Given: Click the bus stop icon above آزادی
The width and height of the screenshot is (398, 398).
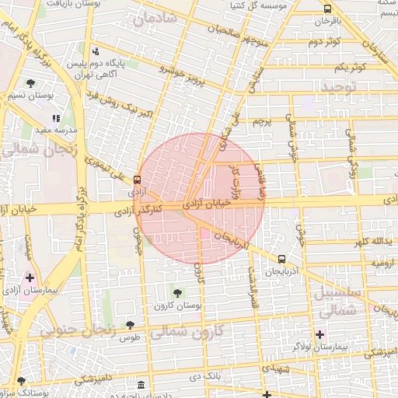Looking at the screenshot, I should (x=138, y=179).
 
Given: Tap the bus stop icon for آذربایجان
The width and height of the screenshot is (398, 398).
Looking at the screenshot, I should (x=281, y=259).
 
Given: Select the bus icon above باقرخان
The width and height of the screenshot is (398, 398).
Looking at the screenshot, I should (x=326, y=9).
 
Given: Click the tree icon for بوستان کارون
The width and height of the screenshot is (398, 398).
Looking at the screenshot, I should (x=178, y=293).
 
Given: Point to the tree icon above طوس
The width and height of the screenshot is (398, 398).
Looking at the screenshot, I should (x=129, y=325).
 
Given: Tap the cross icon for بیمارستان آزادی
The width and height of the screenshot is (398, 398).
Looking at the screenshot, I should (x=30, y=277).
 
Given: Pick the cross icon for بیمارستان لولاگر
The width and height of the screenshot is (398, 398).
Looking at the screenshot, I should (x=319, y=334).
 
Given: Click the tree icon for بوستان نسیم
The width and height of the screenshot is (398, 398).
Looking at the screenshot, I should (x=30, y=82).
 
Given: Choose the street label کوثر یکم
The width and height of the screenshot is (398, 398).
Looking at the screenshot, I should (x=347, y=68).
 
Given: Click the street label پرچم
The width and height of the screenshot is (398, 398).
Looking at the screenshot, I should (x=262, y=122).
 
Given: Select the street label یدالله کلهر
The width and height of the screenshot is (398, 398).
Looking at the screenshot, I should (x=366, y=242).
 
